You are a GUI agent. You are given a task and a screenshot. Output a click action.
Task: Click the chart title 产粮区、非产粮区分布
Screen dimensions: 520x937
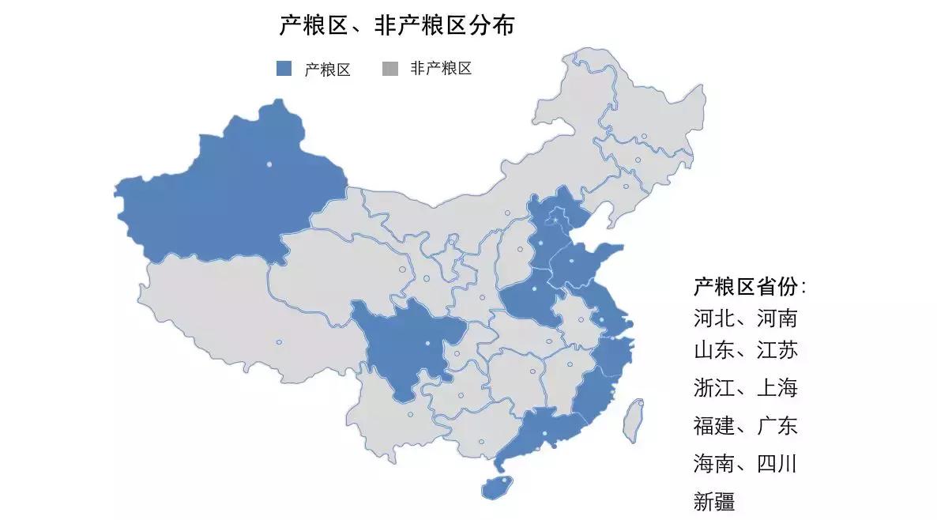[x=397, y=26]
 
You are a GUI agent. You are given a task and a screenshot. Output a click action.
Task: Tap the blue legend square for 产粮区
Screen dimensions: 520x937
[x=284, y=69]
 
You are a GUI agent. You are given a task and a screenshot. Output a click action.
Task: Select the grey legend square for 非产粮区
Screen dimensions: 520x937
[x=389, y=69]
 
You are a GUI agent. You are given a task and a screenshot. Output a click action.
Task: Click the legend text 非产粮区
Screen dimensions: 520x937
[x=440, y=69]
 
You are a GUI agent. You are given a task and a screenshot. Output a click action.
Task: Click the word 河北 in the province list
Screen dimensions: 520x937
[x=714, y=319]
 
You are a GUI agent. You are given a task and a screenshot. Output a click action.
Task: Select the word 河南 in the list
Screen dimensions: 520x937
[x=777, y=319]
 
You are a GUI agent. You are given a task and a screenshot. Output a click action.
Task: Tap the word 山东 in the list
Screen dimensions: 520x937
[x=714, y=350]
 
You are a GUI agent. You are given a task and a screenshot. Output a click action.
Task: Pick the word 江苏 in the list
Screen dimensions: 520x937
[x=777, y=350]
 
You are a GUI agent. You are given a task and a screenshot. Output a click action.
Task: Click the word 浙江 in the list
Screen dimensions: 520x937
[x=714, y=388]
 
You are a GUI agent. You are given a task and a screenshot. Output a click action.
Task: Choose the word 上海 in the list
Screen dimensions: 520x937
[x=777, y=388]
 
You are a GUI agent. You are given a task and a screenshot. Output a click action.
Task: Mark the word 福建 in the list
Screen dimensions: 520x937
[x=714, y=426]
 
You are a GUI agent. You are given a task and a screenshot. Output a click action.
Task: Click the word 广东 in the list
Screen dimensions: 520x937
[x=777, y=426]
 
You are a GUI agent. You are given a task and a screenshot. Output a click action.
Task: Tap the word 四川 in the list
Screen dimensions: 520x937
[x=777, y=463]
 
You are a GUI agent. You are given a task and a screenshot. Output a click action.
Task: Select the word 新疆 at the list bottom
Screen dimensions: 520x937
[x=714, y=501]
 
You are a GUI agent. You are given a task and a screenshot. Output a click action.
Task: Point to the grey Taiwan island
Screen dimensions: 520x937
[x=632, y=420]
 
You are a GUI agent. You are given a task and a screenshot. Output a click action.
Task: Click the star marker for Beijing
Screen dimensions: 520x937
[x=555, y=219]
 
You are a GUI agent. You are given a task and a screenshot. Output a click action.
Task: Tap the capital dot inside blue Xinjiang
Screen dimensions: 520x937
[x=269, y=164]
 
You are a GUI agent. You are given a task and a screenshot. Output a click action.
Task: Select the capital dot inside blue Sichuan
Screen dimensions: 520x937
[x=427, y=344]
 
